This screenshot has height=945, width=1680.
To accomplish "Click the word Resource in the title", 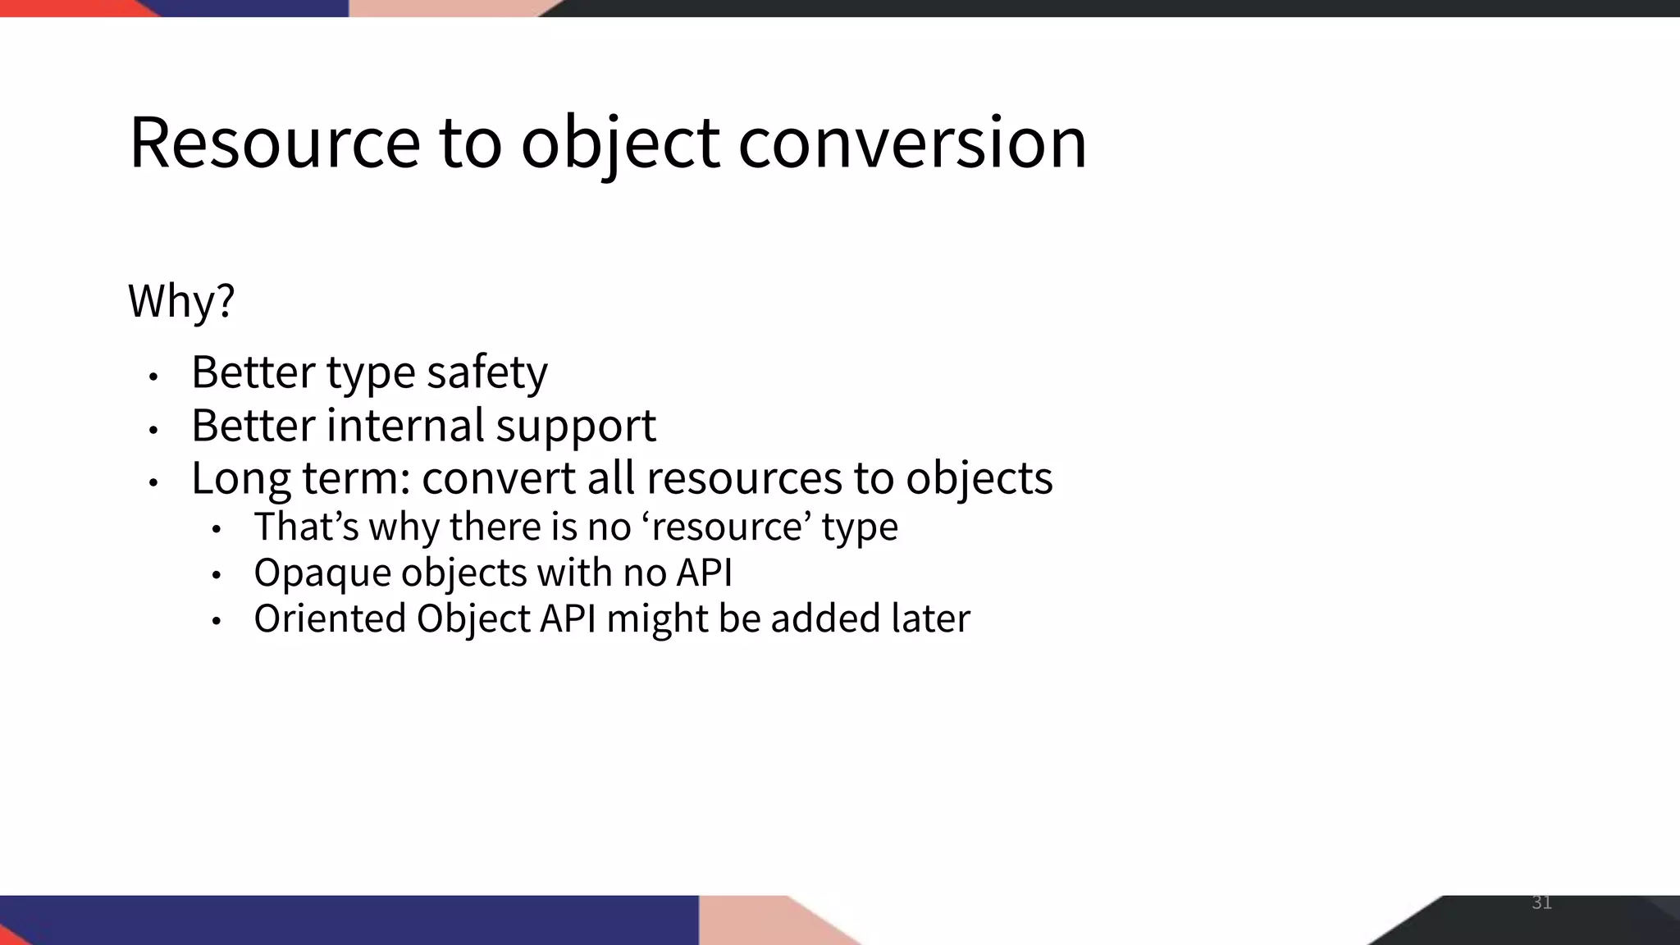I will pos(275,143).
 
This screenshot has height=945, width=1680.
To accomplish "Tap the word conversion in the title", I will pos(912,143).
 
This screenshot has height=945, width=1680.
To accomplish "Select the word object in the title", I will pos(620,144).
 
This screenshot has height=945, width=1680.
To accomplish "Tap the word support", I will pos(576,427).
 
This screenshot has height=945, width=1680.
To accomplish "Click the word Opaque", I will pos(322,573).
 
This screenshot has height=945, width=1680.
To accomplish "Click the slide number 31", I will pos(1541,903).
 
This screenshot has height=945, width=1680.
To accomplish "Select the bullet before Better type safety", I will pos(153,377).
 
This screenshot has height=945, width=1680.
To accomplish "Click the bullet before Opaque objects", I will pos(216,576).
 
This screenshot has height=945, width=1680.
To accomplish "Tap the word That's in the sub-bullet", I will pos(306,526).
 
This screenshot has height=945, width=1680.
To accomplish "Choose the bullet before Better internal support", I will pos(153,429).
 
